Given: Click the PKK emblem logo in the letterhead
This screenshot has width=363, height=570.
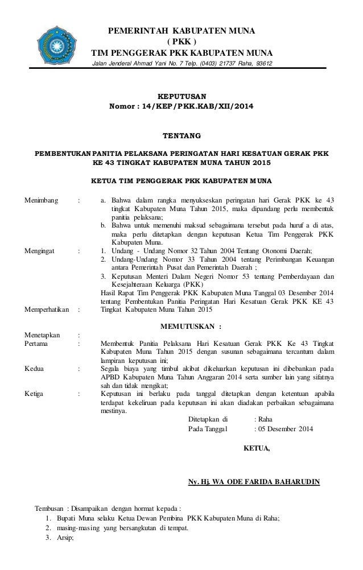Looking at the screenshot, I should click(56, 43).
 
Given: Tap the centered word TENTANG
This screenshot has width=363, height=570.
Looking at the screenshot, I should click(182, 137).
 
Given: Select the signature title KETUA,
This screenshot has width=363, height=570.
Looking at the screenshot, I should click(257, 449).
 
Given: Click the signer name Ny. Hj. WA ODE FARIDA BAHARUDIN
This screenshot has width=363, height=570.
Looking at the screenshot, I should click(254, 484).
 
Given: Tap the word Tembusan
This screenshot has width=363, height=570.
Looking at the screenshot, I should click(49, 508).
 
